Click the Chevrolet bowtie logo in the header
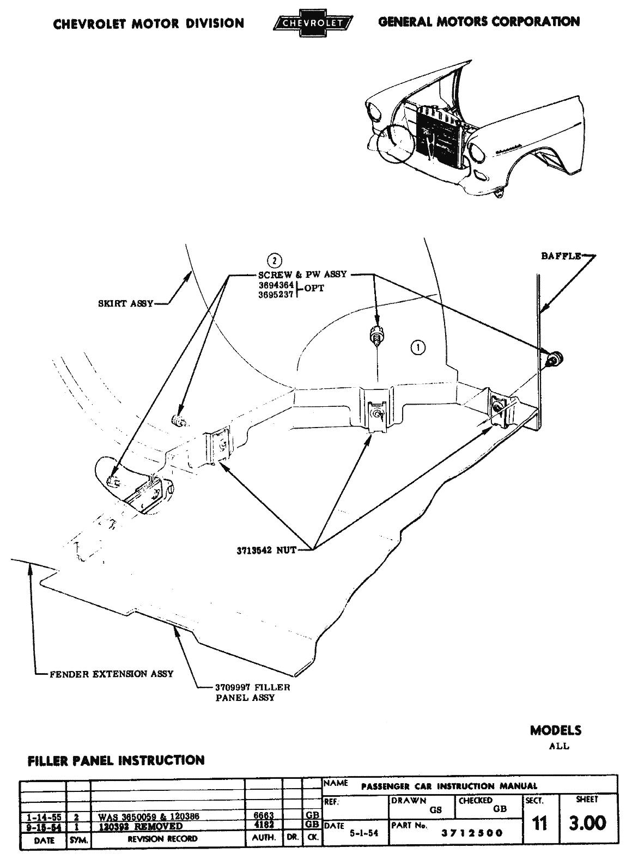pyautogui.click(x=312, y=22)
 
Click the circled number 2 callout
pyautogui.click(x=276, y=260)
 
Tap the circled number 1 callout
pyautogui.click(x=418, y=347)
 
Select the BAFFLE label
pyautogui.click(x=561, y=255)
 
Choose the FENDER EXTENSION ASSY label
pyautogui.click(x=111, y=674)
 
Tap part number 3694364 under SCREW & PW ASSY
pyautogui.click(x=276, y=285)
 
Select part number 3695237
pyautogui.click(x=276, y=294)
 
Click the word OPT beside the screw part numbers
pyautogui.click(x=314, y=288)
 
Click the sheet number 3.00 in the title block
pyautogui.click(x=587, y=822)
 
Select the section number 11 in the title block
pyautogui.click(x=539, y=822)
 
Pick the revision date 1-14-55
pyautogui.click(x=44, y=816)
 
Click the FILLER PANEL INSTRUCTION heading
pyautogui.click(x=116, y=760)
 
